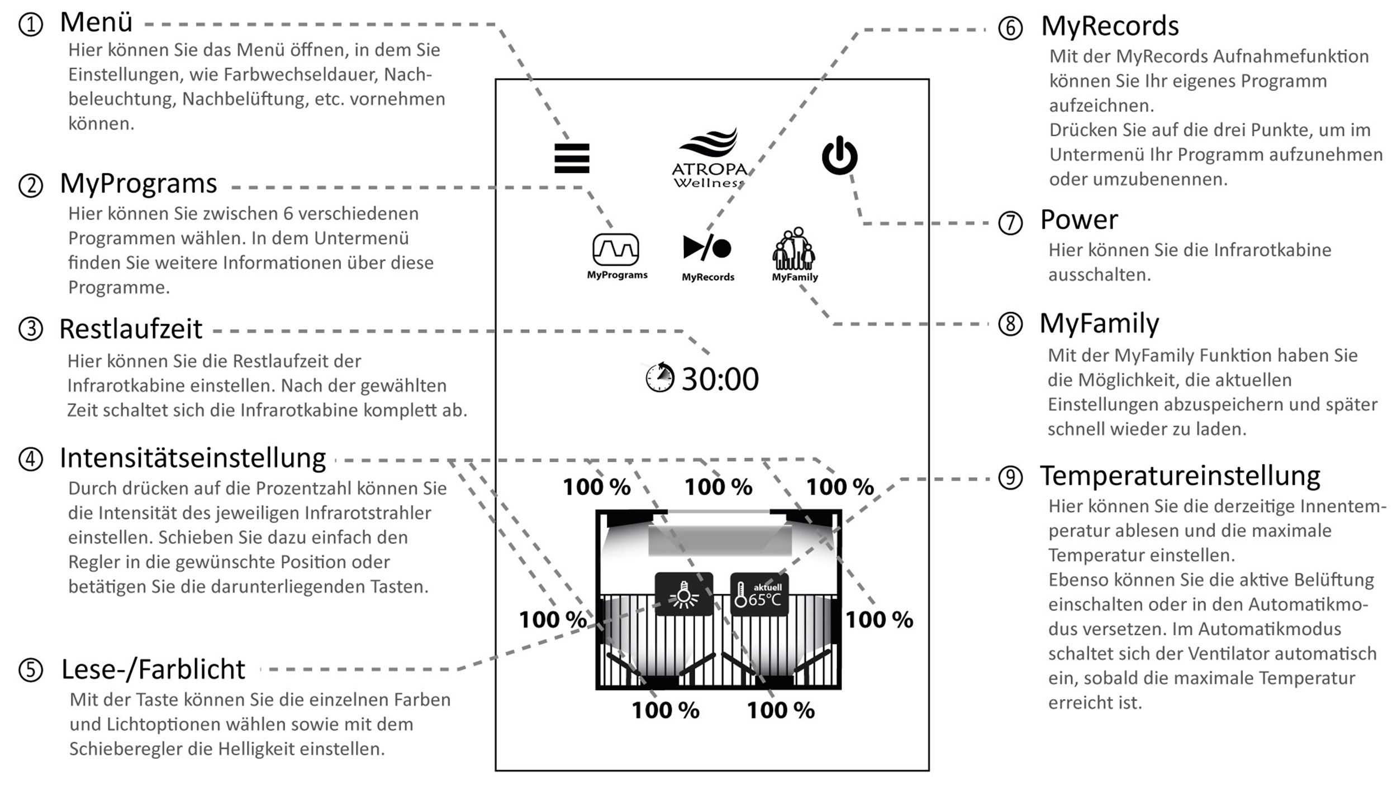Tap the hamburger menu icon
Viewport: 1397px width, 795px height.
(572, 158)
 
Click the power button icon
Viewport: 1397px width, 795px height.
(839, 156)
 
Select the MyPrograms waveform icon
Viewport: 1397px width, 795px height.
(616, 250)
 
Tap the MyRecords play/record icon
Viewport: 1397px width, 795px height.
(707, 247)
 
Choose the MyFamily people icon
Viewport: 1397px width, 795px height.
(794, 249)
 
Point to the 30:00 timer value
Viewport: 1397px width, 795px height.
(720, 379)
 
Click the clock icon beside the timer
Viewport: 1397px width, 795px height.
(660, 377)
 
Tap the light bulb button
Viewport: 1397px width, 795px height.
(683, 595)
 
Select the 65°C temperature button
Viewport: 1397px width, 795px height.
(759, 595)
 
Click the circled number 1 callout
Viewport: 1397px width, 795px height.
(31, 25)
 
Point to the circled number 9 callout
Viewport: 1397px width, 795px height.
(1010, 478)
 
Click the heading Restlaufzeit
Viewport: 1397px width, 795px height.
(130, 329)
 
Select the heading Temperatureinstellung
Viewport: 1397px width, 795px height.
(1180, 476)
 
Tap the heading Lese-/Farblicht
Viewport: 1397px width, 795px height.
(153, 669)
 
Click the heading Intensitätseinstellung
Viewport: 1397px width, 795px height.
(193, 458)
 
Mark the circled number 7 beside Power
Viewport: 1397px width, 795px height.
(1010, 223)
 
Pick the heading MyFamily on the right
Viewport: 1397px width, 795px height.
(1099, 323)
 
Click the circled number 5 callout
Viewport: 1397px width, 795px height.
(31, 670)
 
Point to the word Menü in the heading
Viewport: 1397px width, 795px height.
(96, 23)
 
